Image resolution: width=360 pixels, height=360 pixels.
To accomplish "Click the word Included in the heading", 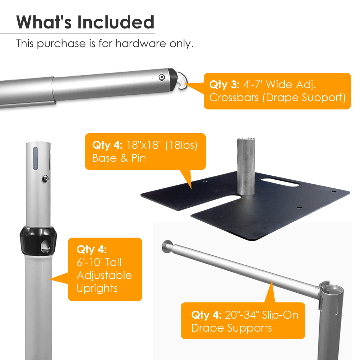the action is tap(116, 22).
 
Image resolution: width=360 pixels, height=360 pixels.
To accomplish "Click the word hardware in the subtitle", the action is tap(140, 44).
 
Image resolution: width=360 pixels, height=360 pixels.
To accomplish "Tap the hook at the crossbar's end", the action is tap(182, 80).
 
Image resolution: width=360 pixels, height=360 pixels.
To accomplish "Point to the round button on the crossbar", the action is tap(162, 77).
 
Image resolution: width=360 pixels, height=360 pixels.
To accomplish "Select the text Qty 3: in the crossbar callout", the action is tap(224, 85).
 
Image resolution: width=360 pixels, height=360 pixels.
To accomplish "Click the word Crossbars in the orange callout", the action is tap(234, 98).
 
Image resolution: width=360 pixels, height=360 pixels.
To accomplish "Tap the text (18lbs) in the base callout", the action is tap(181, 145).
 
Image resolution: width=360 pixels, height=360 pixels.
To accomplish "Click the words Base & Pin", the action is tap(119, 158).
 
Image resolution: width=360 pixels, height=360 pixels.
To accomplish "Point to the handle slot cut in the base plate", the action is tap(280, 181).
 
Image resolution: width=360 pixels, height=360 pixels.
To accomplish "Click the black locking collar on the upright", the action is tap(39, 241).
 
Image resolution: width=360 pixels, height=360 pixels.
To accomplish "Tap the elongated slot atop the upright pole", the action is tap(35, 158).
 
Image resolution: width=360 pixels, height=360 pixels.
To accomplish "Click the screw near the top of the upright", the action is tap(45, 179).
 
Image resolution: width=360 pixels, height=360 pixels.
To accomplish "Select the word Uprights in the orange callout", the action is tap(97, 289).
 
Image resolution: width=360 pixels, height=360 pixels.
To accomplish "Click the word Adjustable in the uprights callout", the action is tap(104, 275).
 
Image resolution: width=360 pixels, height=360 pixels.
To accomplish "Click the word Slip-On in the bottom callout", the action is tap(280, 315).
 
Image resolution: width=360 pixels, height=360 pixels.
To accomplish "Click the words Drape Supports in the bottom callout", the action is tap(231, 328).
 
